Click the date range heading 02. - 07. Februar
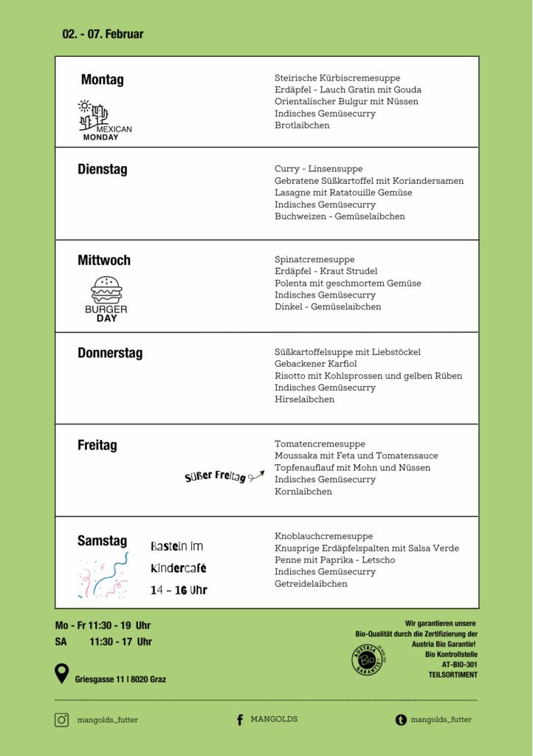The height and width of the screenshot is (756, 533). [103, 34]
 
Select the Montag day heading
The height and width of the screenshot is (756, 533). [102, 80]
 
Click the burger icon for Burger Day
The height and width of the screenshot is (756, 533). [106, 289]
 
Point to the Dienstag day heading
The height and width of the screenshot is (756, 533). [102, 169]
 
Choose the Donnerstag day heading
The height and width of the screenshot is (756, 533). [110, 353]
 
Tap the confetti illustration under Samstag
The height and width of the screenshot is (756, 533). [103, 575]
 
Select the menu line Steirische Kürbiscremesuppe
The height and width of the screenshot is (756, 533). [337, 78]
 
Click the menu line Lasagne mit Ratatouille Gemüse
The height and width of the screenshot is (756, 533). [343, 193]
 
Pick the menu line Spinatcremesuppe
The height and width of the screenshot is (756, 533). [314, 260]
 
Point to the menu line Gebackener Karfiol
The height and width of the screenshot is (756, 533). [316, 364]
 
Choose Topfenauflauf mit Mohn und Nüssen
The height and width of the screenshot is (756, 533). [352, 468]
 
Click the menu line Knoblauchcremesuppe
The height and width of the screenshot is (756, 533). [323, 536]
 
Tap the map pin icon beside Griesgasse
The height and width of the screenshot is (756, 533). [62, 673]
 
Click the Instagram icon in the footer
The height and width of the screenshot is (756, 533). [62, 720]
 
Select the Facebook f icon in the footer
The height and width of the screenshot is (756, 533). [240, 720]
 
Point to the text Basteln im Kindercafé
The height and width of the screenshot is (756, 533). [178, 557]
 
